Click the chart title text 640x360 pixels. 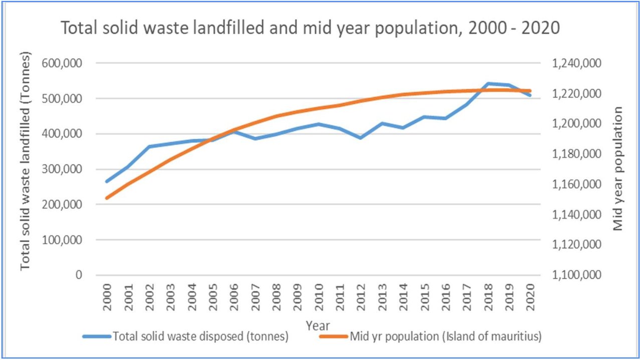pos(310,28)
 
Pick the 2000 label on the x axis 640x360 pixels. pos(107,300)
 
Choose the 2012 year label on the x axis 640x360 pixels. pos(361,300)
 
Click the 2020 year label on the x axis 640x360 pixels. pos(530,300)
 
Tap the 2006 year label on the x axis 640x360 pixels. pos(234,300)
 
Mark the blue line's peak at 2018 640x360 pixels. pos(488,83)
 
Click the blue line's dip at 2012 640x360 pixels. pos(361,137)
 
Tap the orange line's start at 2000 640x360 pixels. pos(107,198)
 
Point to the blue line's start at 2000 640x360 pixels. pos(107,182)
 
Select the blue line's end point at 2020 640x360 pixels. pos(530,95)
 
